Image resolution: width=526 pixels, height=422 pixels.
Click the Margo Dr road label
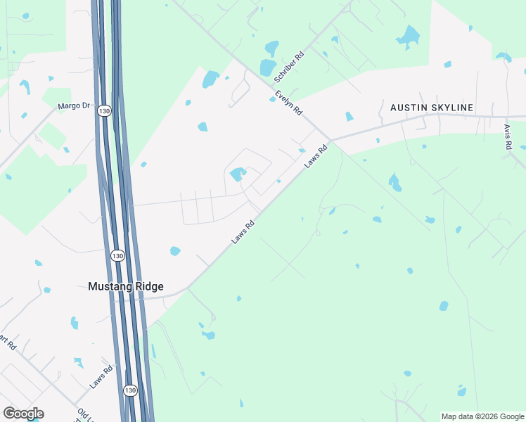pos(75,106)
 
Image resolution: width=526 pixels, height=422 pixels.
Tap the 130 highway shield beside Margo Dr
pos(104,111)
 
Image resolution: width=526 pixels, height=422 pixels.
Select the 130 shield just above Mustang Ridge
pos(117,256)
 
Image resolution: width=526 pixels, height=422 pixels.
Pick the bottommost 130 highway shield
pos(130,390)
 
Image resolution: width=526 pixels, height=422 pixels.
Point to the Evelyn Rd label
pos(288,103)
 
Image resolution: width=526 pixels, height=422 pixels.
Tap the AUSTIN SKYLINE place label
pos(432,108)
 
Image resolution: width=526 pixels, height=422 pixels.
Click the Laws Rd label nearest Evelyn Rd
pos(316,156)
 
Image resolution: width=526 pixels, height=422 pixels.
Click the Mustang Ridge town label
pos(125,286)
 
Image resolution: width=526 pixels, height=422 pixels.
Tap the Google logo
pos(23,414)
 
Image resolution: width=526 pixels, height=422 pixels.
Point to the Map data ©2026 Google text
pos(482,416)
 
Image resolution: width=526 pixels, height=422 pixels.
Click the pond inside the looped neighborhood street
pos(238,173)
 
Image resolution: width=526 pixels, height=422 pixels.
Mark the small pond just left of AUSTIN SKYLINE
pos(348,117)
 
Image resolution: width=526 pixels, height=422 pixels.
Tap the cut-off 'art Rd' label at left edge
pos(7,343)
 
